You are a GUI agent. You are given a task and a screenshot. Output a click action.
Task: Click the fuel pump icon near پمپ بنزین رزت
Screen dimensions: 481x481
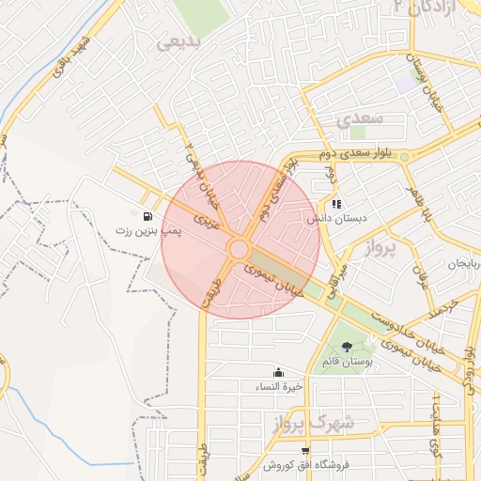[x=149, y=214]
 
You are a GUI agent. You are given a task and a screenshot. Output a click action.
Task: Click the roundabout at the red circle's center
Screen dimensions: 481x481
[x=239, y=250]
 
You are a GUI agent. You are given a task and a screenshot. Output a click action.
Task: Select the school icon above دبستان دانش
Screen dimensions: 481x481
[x=336, y=203]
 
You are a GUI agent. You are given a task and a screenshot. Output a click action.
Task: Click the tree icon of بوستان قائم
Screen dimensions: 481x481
[x=347, y=347]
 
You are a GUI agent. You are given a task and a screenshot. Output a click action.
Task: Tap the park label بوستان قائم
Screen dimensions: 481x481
[x=354, y=362]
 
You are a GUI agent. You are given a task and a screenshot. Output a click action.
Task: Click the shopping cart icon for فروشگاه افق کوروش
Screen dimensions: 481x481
[x=304, y=451]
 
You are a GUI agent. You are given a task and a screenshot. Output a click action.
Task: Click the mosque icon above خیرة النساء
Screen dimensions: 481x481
[x=278, y=372]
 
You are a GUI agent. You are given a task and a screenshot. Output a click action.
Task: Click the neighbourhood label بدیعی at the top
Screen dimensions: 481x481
[x=178, y=43]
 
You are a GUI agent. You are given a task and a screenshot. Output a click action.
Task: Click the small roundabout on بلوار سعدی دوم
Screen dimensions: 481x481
[x=404, y=155]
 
